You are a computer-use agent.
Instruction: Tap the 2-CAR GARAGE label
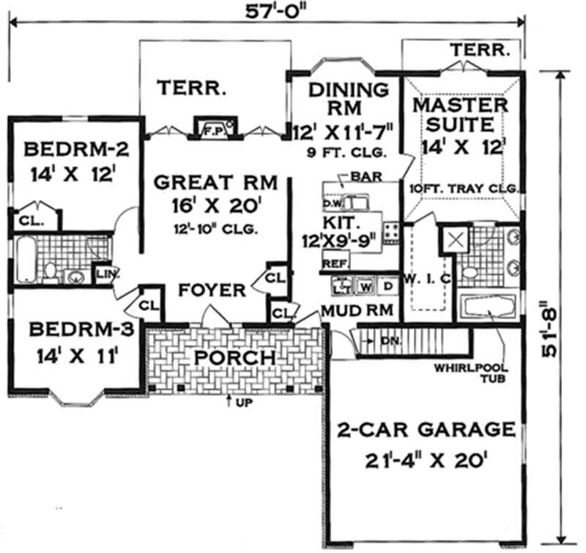(x=424, y=428)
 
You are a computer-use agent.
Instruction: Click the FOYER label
(x=212, y=291)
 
